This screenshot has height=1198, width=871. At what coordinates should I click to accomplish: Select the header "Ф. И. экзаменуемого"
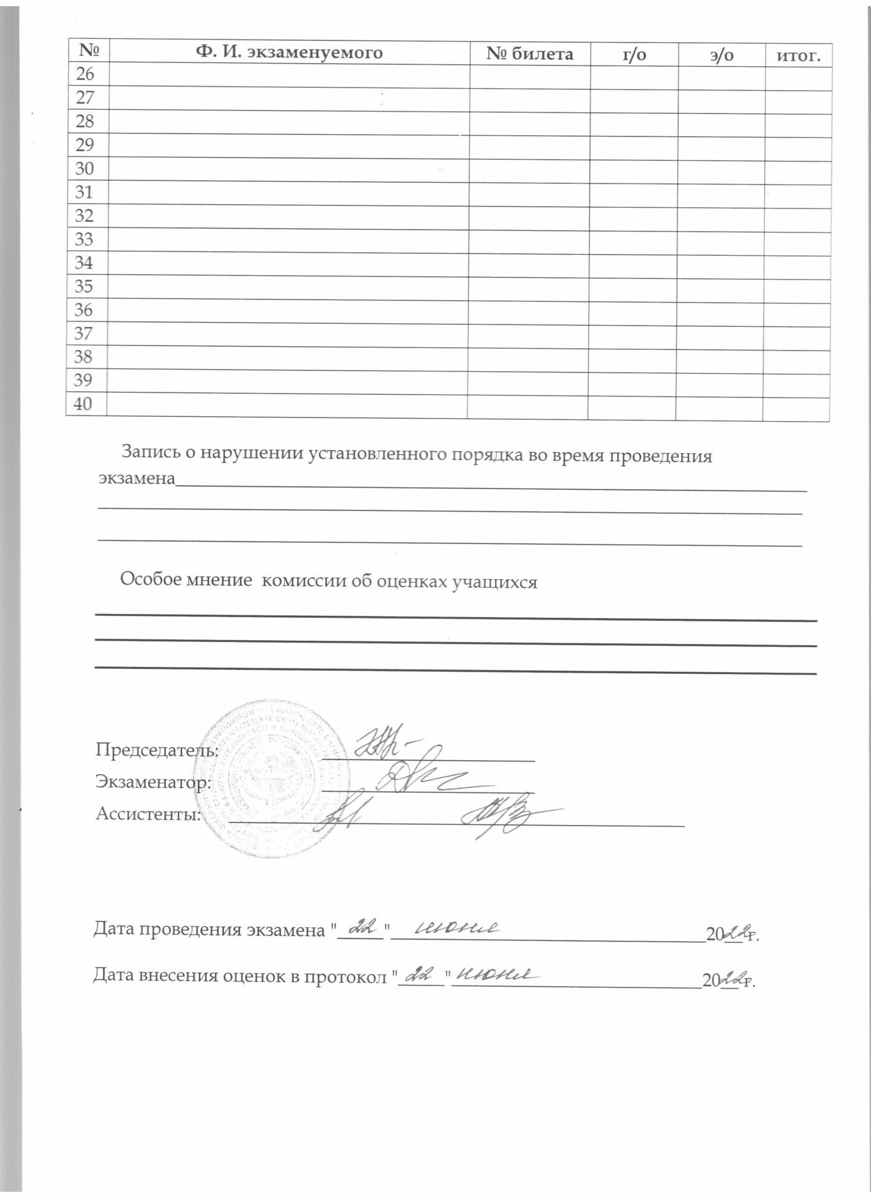point(289,52)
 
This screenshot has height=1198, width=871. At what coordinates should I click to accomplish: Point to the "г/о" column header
point(635,55)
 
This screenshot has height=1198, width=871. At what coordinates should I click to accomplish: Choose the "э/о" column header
point(721,56)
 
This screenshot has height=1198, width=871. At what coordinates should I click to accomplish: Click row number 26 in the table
point(85,74)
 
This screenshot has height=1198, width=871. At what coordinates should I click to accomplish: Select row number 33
point(84,240)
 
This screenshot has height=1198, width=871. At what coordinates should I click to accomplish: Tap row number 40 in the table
point(83,404)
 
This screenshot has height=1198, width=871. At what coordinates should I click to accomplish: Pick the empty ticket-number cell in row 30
point(529,170)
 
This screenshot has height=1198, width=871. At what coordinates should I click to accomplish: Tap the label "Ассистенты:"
point(148,814)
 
